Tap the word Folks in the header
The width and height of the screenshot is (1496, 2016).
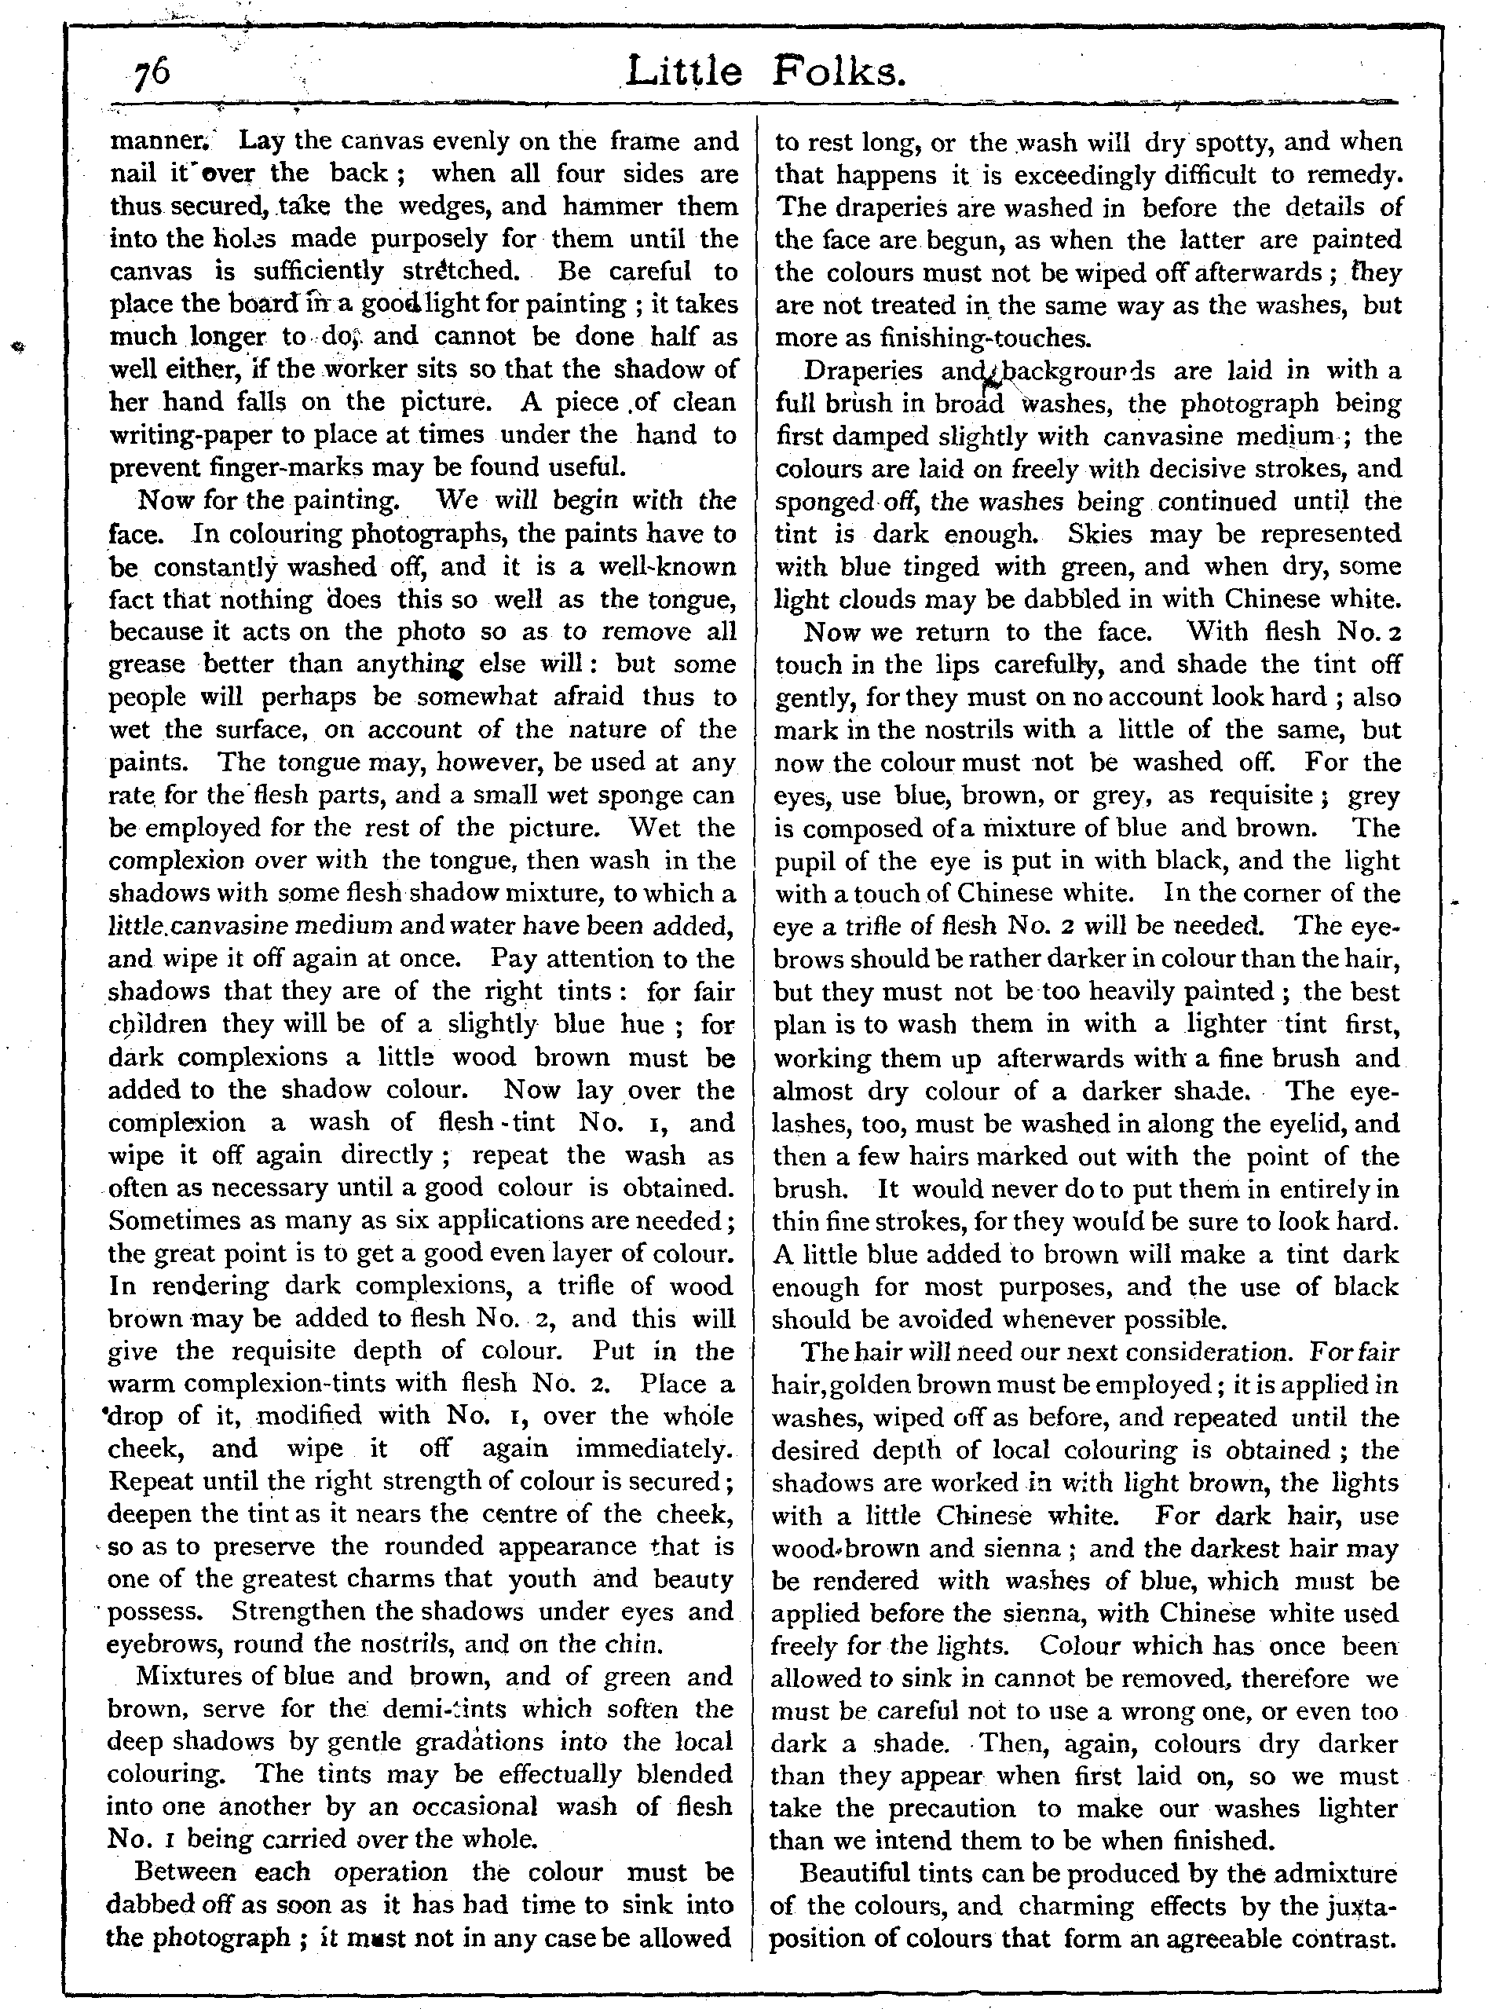838,71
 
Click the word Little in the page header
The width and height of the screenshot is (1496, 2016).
684,71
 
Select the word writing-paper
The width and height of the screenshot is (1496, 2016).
194,435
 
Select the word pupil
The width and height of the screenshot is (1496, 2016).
809,861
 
